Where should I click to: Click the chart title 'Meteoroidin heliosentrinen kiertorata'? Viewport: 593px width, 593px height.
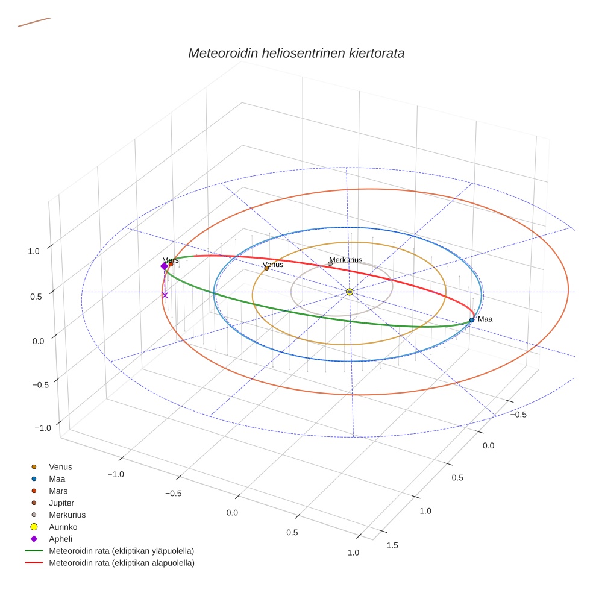tap(296, 53)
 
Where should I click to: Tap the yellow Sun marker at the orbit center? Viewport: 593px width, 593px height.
tap(350, 292)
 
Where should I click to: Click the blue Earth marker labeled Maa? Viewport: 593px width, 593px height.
tap(471, 319)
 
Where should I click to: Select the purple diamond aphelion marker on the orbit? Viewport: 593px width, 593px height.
tap(164, 266)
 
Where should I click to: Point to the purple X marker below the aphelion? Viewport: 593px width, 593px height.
tap(165, 295)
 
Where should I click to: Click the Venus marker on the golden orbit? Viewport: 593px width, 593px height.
tap(266, 268)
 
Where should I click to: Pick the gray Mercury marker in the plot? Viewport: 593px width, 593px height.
tap(330, 263)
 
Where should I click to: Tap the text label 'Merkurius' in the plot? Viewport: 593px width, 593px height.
tap(345, 260)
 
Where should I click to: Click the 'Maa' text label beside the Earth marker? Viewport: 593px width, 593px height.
tap(485, 319)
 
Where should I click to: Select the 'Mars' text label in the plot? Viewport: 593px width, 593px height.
tap(170, 260)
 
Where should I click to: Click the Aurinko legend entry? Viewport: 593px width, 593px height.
tap(63, 527)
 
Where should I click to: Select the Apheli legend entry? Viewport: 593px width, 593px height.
tap(60, 539)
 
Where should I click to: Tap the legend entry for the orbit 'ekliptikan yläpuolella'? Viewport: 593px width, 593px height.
tap(121, 551)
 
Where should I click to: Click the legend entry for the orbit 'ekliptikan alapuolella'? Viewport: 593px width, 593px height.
tap(121, 563)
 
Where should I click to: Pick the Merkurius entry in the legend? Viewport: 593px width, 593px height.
tap(67, 515)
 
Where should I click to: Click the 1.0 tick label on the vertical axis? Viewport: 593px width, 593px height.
tap(34, 251)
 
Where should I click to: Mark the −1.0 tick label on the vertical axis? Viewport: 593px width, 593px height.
tap(43, 427)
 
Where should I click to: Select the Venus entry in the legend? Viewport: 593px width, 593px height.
tap(60, 466)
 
